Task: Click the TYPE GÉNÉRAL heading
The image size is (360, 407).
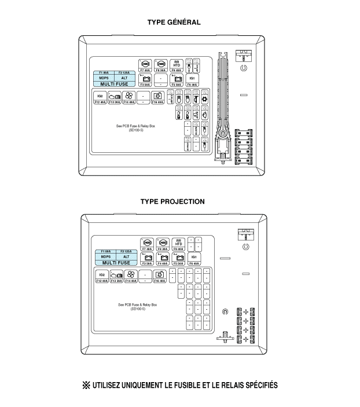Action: [x=174, y=22]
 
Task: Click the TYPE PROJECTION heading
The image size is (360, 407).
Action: [x=172, y=201]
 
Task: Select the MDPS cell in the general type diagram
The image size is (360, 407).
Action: [x=104, y=78]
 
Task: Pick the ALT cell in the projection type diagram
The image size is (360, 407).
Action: [x=126, y=256]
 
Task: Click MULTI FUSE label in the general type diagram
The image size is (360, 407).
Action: [x=114, y=84]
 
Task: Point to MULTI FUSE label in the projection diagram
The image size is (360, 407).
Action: [x=115, y=262]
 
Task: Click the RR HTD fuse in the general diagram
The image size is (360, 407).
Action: [x=177, y=64]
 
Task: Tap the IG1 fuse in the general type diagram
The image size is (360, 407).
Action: [x=193, y=78]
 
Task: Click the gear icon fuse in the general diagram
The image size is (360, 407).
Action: [x=204, y=100]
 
